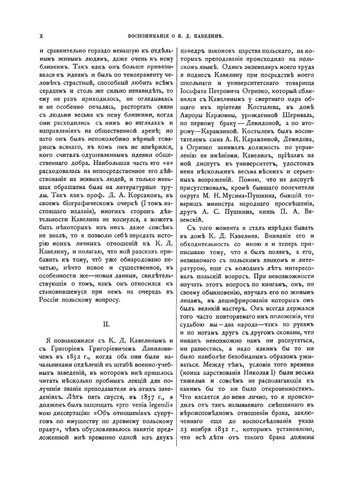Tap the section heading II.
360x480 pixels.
107,324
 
